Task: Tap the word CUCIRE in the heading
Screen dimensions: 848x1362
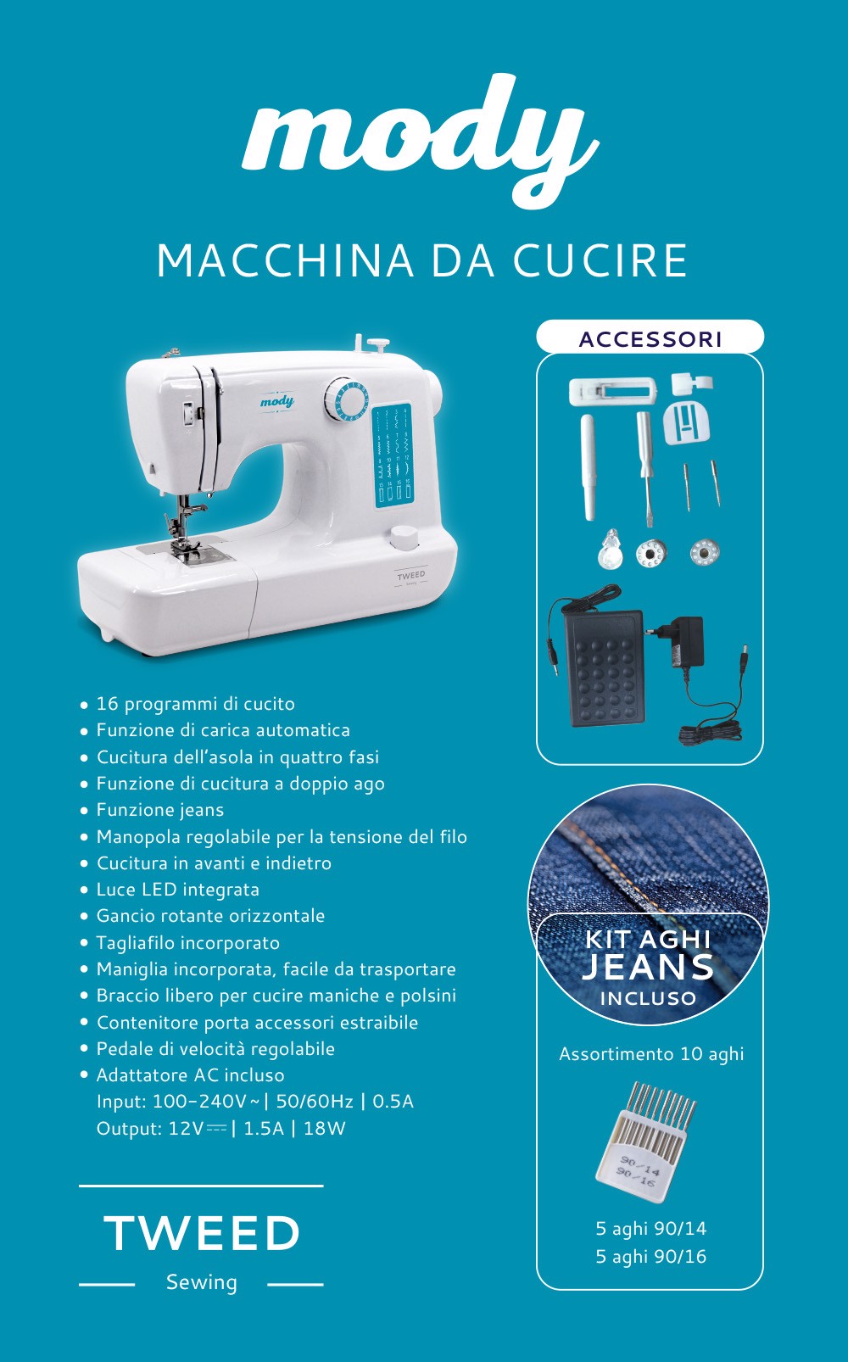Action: tap(600, 261)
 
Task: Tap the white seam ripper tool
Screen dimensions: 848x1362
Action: tap(589, 467)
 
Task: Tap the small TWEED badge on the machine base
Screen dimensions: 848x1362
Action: tap(411, 578)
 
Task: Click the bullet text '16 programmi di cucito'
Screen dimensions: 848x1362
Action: tap(196, 704)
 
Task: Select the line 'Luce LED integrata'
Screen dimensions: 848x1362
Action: tap(178, 890)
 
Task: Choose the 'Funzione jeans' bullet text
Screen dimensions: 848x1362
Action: tap(160, 810)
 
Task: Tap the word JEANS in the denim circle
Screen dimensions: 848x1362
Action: tap(648, 967)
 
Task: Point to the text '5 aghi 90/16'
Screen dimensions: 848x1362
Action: tap(651, 1256)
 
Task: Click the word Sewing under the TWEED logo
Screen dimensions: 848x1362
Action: tap(202, 1281)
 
